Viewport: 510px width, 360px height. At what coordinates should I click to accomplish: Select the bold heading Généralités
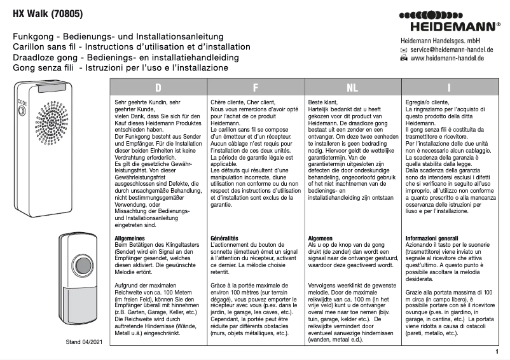(x=224, y=238)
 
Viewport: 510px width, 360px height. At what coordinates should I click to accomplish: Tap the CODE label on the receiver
(x=22, y=103)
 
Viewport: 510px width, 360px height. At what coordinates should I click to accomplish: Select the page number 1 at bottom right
(x=496, y=351)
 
